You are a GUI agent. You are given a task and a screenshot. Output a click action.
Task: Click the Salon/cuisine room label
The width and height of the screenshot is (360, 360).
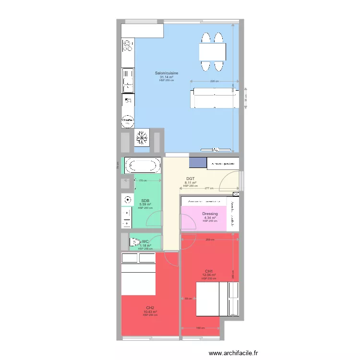[x=166, y=73]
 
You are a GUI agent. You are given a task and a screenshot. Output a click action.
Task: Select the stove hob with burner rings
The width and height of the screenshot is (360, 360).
[x=128, y=46]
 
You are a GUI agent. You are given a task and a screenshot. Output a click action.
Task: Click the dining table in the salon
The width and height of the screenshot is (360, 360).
[x=212, y=51]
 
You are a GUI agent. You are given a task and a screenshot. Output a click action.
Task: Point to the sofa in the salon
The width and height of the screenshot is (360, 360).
[x=214, y=98]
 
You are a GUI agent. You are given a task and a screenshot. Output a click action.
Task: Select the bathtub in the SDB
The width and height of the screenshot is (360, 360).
[x=142, y=166]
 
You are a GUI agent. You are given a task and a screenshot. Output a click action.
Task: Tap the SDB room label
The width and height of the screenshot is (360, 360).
[x=145, y=201]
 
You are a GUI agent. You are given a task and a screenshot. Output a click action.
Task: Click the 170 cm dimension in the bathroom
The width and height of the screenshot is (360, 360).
[x=143, y=180]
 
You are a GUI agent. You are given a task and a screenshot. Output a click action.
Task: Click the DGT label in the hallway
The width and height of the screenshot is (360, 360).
[x=191, y=179]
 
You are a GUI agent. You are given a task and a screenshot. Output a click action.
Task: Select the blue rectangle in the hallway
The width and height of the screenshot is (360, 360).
[x=197, y=163]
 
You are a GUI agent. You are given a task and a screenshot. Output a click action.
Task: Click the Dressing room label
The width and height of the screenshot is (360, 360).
[x=210, y=214]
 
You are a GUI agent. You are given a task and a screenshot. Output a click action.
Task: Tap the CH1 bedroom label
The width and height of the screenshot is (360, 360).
[x=209, y=271]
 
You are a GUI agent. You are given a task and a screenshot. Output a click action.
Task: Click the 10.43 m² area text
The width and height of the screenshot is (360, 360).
[x=150, y=312]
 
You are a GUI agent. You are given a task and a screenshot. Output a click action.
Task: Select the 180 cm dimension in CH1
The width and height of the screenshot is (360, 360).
[x=200, y=328]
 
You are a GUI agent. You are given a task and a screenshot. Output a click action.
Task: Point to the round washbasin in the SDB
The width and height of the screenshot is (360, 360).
[x=128, y=200]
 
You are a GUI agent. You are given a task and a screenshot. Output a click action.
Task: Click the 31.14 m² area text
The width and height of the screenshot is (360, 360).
[x=166, y=77]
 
